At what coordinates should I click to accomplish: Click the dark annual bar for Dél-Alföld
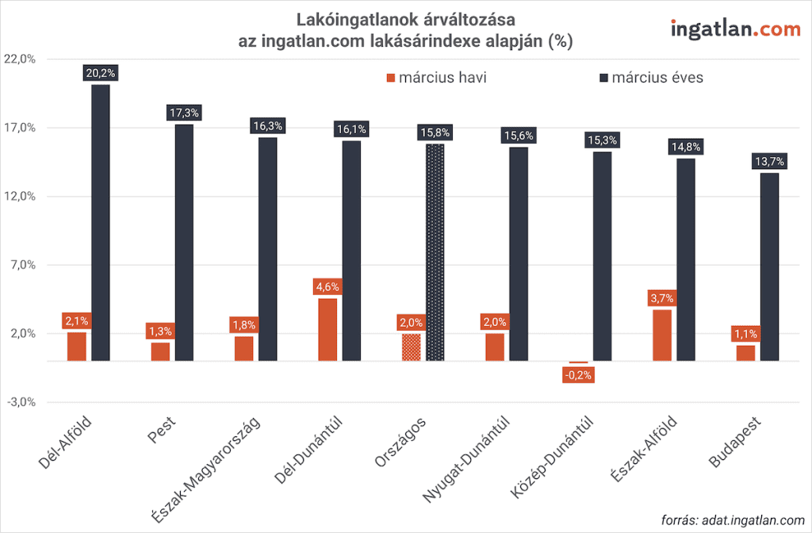point(101,223)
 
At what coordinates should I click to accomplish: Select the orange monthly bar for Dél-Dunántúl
point(327,330)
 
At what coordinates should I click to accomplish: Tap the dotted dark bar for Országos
point(435,252)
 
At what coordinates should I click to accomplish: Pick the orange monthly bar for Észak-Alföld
point(662,336)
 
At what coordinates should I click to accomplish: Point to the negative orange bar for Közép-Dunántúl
point(578,362)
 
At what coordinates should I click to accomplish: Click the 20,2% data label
point(101,73)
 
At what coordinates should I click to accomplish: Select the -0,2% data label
point(578,374)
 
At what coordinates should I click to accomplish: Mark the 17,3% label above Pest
point(184,113)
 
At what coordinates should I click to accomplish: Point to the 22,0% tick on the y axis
point(21,59)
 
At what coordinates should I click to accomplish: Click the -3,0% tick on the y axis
point(21,402)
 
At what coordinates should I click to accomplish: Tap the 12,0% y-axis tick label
point(21,197)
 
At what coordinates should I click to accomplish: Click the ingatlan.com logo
point(735,29)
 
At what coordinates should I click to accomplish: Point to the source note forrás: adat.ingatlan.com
point(732,520)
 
